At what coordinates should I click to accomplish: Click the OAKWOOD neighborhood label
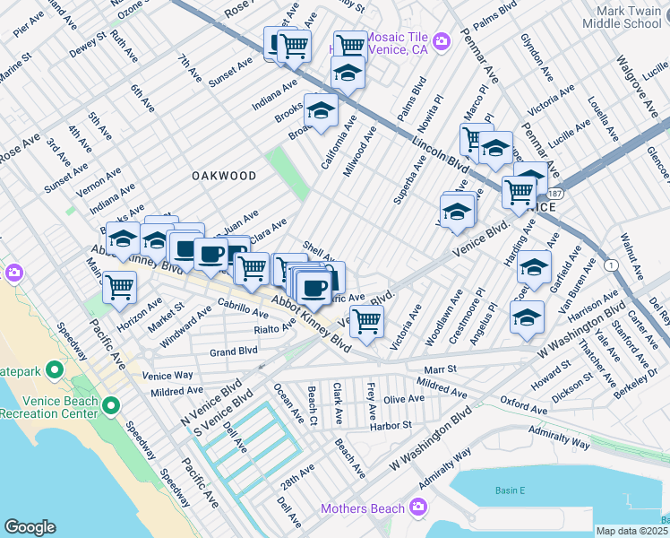coord(224,176)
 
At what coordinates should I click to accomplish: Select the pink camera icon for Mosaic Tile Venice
coord(441,40)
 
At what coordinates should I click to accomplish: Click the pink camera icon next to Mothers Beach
coord(417,508)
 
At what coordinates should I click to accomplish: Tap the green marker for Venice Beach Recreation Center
coord(111,406)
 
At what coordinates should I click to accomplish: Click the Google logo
coord(30,527)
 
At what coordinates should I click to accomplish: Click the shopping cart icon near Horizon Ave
coord(119,289)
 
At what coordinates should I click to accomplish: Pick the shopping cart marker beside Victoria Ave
coord(365,320)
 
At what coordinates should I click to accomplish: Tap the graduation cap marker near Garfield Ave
coord(534,267)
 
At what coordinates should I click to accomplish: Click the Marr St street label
coord(440,368)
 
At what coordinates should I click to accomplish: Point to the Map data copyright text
coord(632,530)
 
